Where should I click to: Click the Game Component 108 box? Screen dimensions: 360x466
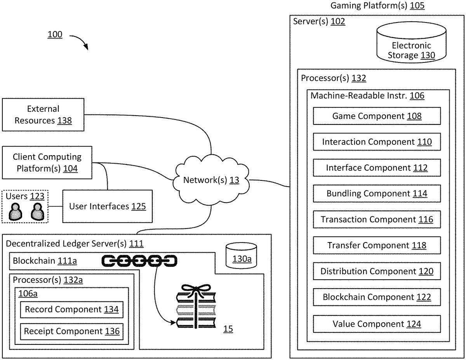point(377,116)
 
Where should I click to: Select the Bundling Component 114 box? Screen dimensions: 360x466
point(377,194)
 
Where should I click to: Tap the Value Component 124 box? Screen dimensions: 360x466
point(377,324)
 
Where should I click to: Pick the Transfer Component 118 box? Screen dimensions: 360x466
point(377,246)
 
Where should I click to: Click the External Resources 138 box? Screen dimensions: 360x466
point(43,115)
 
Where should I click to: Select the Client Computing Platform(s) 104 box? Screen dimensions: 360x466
point(47,163)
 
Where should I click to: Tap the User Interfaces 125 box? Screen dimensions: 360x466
point(107,206)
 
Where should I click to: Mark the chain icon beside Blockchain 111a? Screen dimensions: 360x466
point(139,261)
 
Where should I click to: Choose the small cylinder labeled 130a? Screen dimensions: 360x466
point(241,256)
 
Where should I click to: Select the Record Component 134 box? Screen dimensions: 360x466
point(71,310)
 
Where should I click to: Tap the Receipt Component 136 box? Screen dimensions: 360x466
point(71,331)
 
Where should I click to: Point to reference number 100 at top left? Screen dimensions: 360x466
point(55,35)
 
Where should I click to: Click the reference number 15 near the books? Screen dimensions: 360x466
point(228,329)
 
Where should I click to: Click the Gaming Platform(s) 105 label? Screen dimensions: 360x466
point(377,5)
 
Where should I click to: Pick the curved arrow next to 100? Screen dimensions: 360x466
point(80,41)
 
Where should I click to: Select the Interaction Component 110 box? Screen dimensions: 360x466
point(377,142)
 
